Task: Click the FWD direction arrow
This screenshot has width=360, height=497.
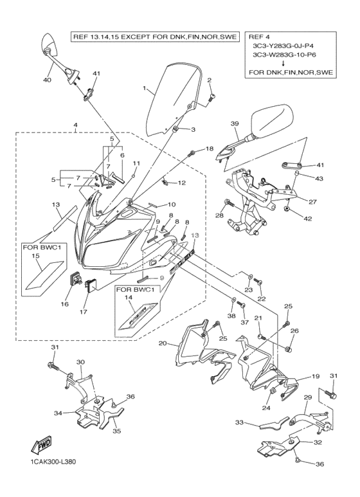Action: [x=42, y=445]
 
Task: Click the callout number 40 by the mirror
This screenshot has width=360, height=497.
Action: [x=47, y=80]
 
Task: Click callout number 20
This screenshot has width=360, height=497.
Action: [x=163, y=343]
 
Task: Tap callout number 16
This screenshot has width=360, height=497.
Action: [x=65, y=304]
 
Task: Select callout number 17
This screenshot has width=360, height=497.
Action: [x=84, y=312]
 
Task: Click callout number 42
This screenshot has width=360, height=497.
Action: [x=308, y=219]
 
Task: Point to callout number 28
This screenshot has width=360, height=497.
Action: [x=220, y=215]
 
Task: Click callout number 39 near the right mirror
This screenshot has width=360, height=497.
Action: [x=235, y=123]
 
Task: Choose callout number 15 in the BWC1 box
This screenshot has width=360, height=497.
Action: [x=35, y=255]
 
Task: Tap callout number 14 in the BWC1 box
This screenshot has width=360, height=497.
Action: [x=128, y=297]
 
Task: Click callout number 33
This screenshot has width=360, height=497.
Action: [x=240, y=422]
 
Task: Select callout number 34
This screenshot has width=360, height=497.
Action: [x=58, y=413]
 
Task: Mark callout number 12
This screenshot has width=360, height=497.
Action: [x=181, y=183]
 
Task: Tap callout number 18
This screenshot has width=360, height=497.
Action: [x=210, y=149]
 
